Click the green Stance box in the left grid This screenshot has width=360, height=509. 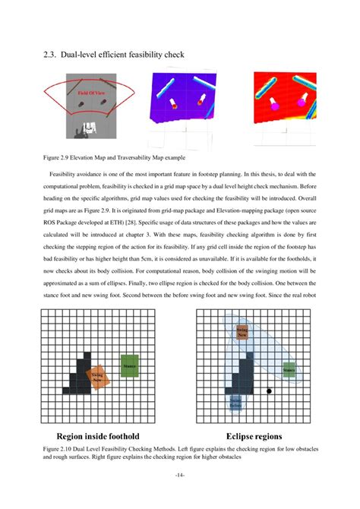[128, 365]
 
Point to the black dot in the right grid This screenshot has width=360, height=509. [270, 391]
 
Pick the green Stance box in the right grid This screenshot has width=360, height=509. [289, 370]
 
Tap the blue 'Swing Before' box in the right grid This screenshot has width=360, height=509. [235, 402]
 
